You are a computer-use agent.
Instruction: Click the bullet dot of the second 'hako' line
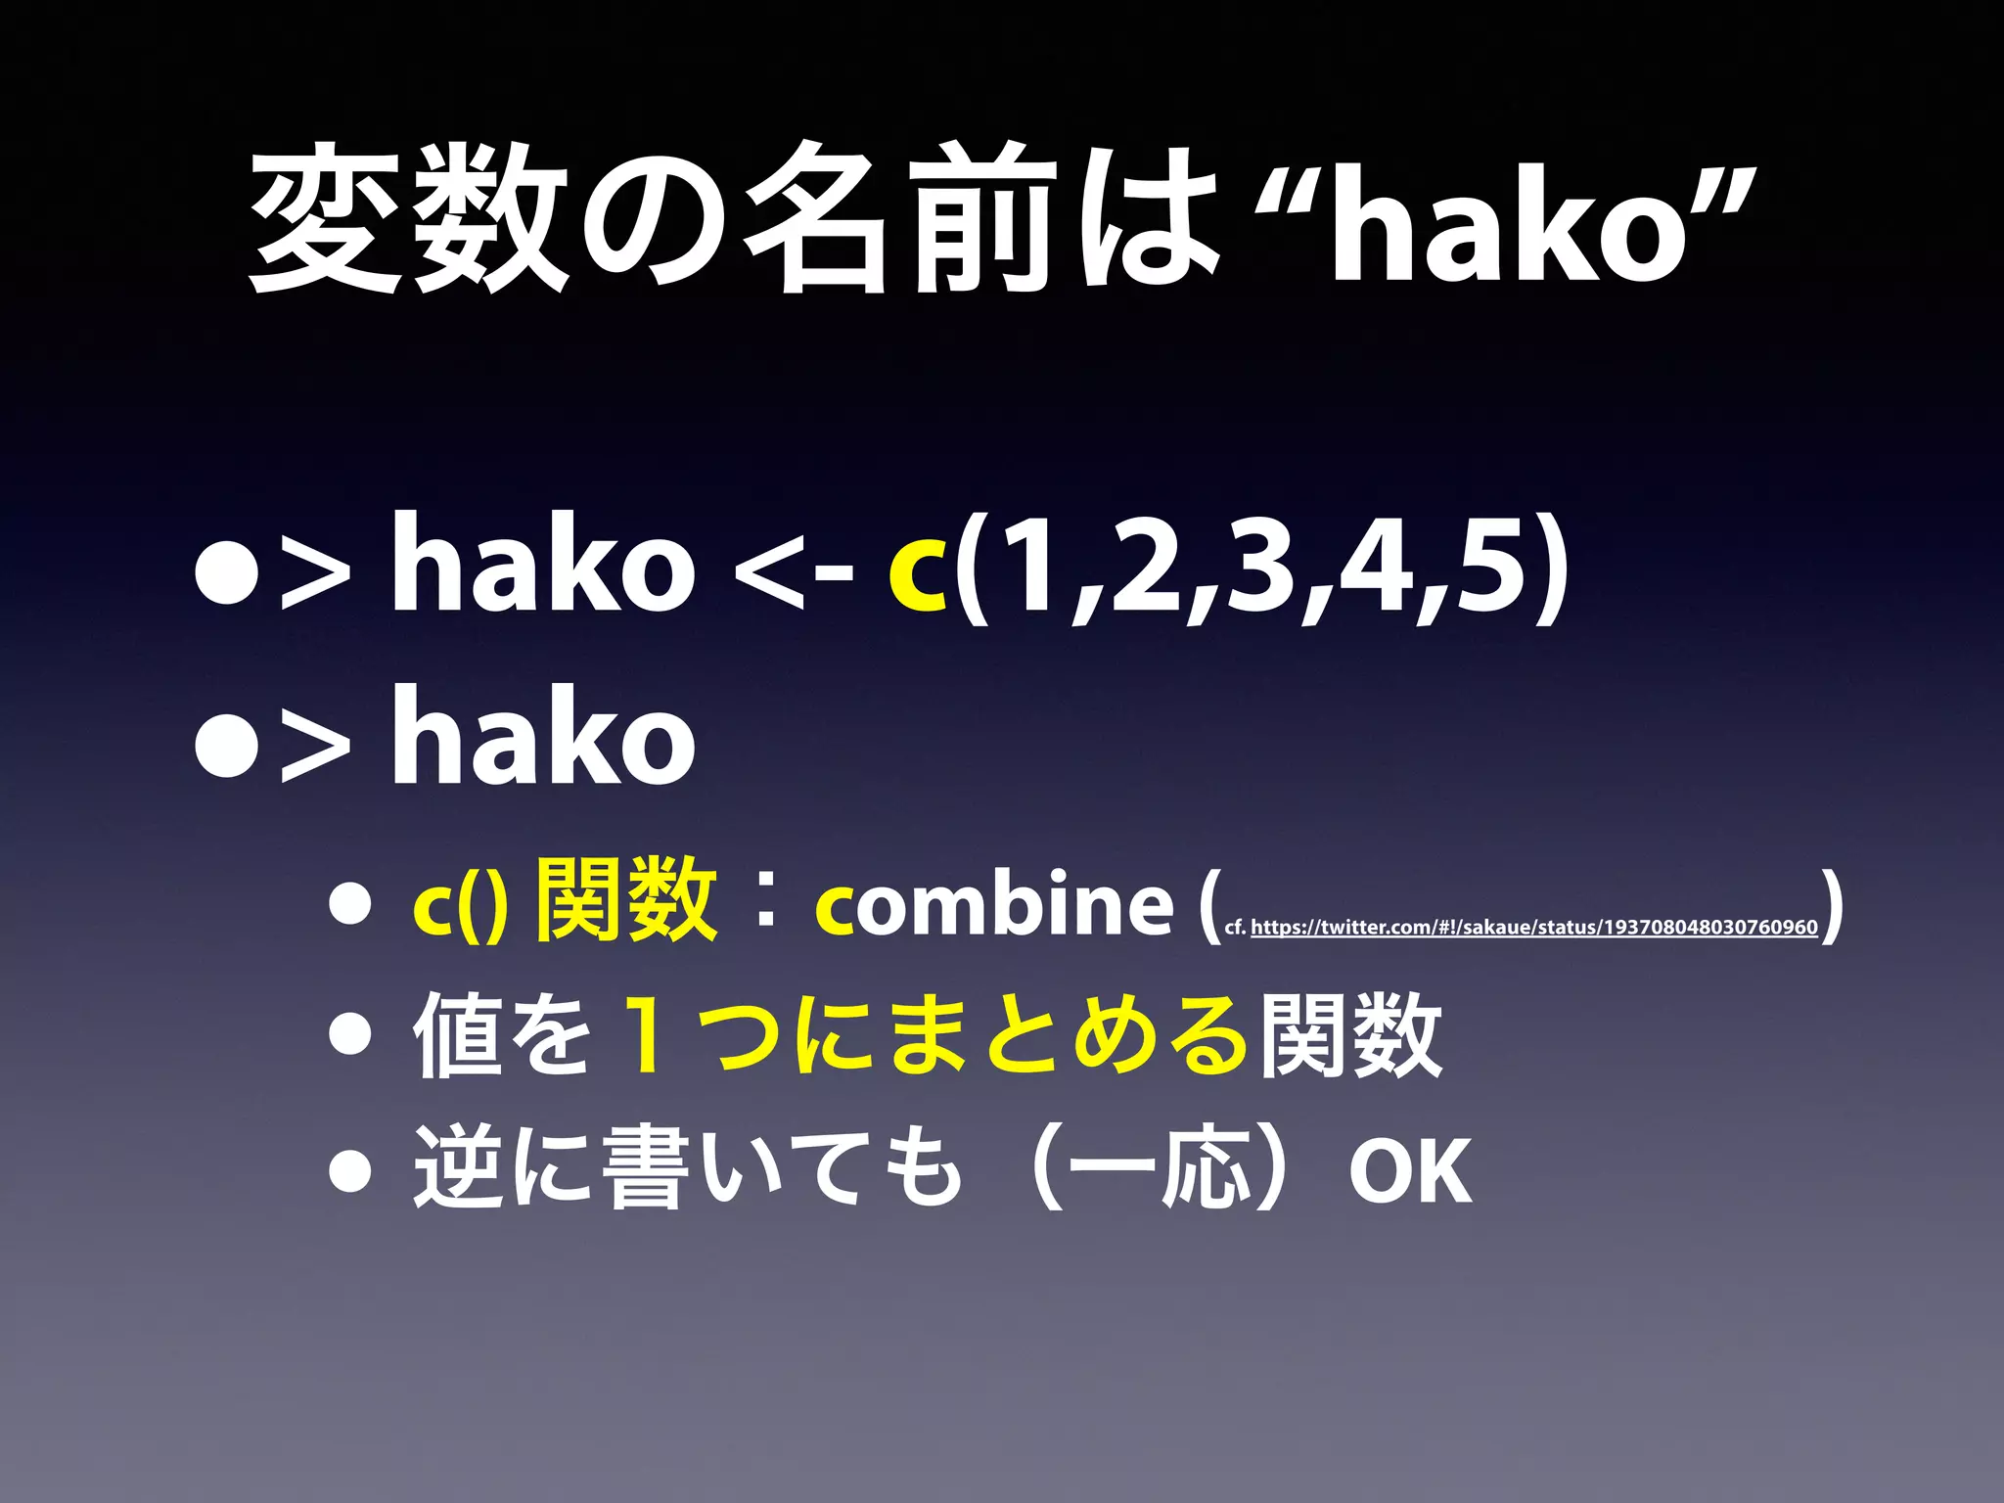tap(226, 749)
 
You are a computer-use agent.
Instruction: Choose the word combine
tap(993, 905)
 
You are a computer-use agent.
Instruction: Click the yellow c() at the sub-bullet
tap(460, 905)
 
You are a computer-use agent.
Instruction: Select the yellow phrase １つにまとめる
tap(934, 1035)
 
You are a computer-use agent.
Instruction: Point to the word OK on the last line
tap(1409, 1171)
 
